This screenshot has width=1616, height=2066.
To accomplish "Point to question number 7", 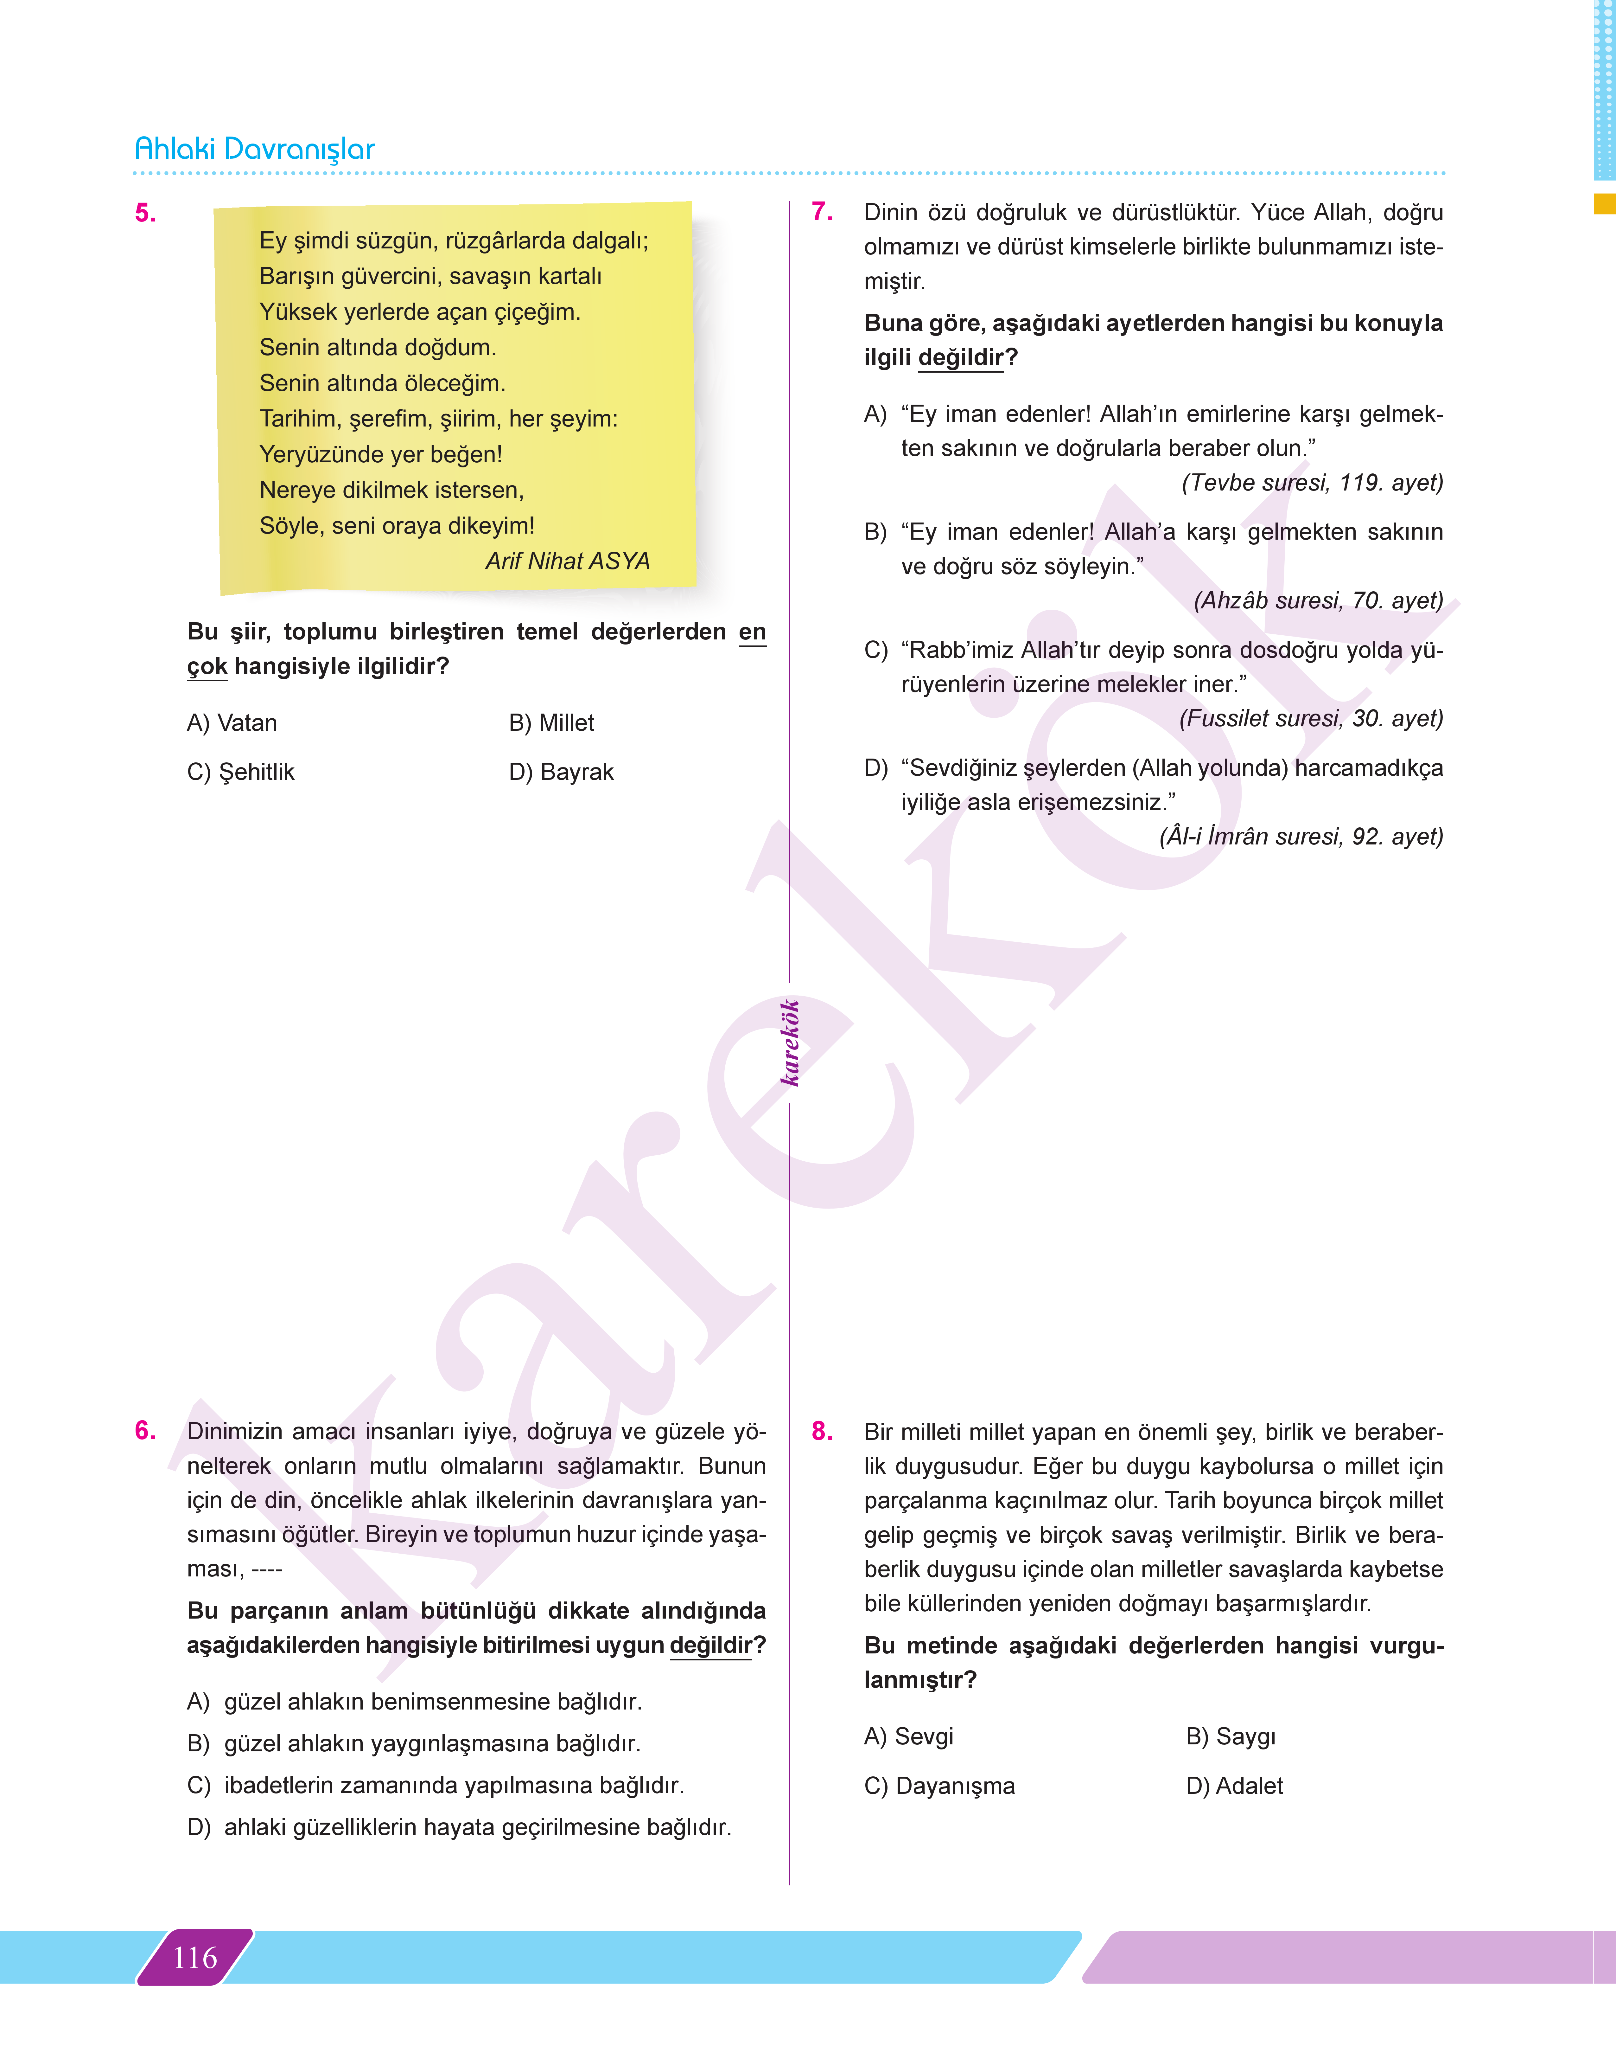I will pyautogui.click(x=822, y=212).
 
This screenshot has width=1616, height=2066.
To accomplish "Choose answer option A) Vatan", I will pyautogui.click(x=232, y=723).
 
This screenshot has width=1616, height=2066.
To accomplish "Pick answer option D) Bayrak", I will pyautogui.click(x=561, y=772).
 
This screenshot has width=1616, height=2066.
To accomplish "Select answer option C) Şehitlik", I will pyautogui.click(x=240, y=772).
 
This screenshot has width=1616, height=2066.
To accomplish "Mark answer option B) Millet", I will pyautogui.click(x=551, y=723).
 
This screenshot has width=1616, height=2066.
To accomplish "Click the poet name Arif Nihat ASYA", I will pyautogui.click(x=568, y=561).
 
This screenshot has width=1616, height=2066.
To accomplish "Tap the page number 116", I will pyautogui.click(x=195, y=1957).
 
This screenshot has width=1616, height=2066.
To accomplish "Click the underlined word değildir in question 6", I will pyautogui.click(x=710, y=1645).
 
